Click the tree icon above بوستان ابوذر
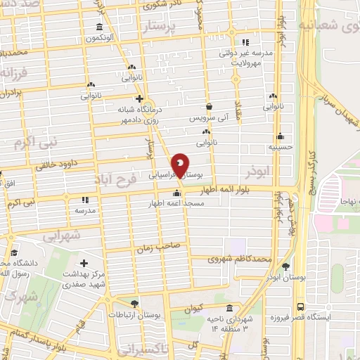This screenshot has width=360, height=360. point(285,266)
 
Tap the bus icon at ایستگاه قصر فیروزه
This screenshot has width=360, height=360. point(300,307)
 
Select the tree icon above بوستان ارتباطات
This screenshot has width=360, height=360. point(134,303)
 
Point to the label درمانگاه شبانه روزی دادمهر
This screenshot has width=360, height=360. point(141,115)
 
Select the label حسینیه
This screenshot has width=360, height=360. point(281,148)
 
